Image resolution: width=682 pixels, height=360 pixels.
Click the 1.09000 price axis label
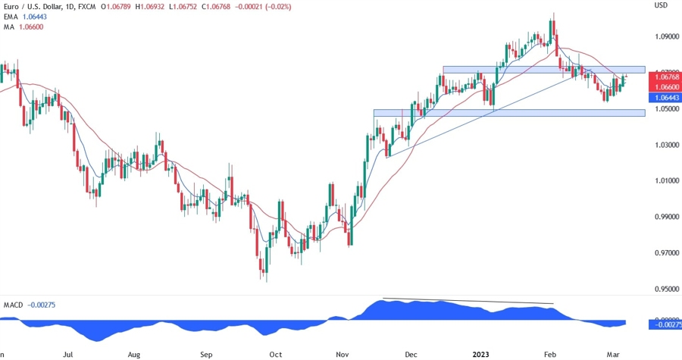coord(664,36)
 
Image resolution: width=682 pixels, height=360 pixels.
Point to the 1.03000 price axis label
coord(664,145)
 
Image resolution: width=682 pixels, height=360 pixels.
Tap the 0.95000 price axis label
coord(664,289)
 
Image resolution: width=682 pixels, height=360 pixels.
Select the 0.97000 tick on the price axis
coord(664,253)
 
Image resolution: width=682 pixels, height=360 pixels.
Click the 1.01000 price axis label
coord(664,181)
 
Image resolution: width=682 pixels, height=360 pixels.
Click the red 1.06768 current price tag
coord(664,77)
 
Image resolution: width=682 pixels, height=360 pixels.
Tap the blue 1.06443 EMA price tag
coord(664,98)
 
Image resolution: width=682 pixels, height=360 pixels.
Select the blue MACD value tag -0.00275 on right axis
coord(665,324)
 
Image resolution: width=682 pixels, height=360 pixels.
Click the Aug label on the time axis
coord(134,354)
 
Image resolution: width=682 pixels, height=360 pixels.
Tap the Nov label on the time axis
coord(342,354)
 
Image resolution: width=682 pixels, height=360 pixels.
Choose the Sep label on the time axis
coord(205,354)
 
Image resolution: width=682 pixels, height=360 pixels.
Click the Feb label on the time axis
coord(550,354)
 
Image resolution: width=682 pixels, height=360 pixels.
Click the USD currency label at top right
coord(661,5)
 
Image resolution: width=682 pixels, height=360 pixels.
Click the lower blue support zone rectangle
coord(508,113)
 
